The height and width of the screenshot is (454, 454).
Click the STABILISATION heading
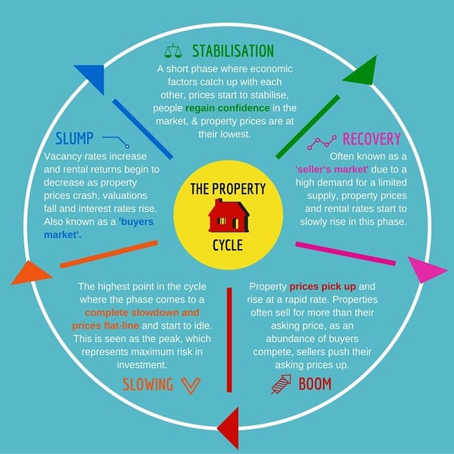click(233, 51)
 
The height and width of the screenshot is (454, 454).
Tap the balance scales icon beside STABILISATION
click(173, 51)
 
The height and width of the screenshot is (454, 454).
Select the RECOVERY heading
click(372, 138)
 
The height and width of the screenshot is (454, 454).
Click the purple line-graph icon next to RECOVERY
click(322, 142)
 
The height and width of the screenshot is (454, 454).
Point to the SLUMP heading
click(74, 138)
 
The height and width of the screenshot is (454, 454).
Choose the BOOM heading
click(315, 384)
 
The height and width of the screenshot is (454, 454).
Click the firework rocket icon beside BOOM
click(281, 384)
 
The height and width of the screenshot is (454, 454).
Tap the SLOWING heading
click(148, 384)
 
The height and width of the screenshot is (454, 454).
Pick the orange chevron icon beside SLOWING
click(191, 386)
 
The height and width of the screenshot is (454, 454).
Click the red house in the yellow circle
click(229, 216)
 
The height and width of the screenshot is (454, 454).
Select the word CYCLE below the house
click(228, 245)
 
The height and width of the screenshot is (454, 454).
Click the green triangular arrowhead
click(362, 71)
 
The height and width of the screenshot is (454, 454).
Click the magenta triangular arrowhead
click(425, 269)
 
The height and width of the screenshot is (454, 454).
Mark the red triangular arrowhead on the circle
click(230, 428)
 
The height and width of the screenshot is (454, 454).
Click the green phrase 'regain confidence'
click(227, 108)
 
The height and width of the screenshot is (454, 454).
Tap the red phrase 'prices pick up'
click(322, 287)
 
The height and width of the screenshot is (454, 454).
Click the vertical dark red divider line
click(229, 340)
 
